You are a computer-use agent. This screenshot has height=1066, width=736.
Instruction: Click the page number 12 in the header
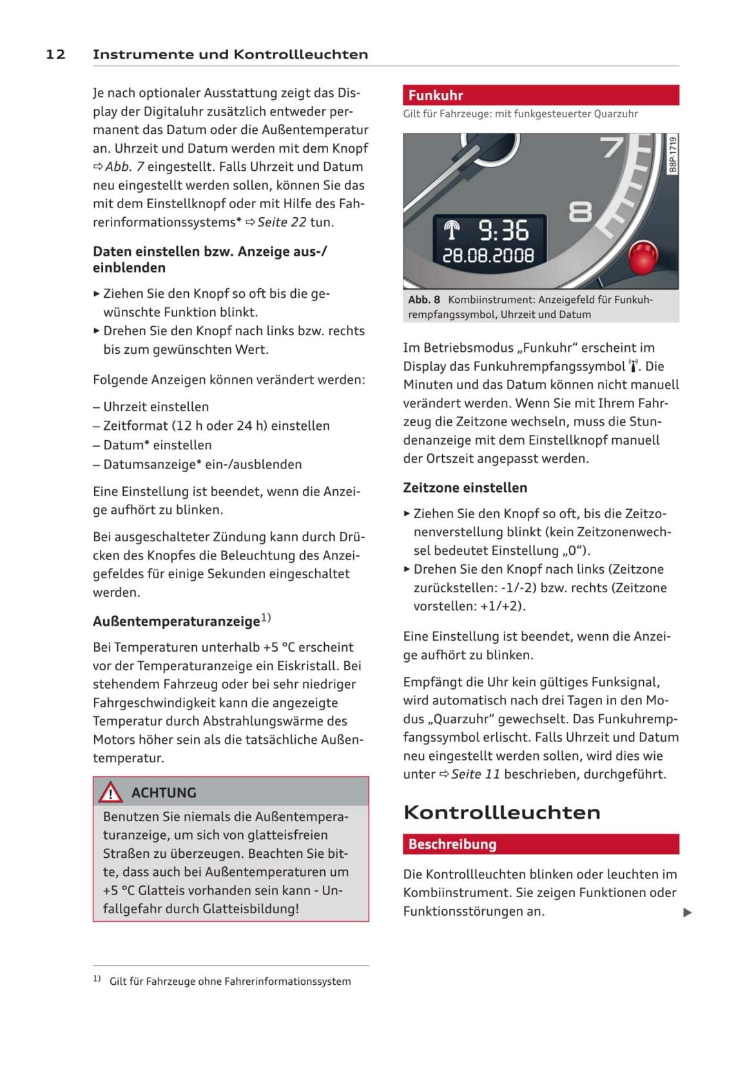[x=55, y=54]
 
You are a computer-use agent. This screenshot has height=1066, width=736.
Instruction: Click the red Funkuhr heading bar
[x=540, y=95]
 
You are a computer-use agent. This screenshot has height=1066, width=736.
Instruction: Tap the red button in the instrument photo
[x=642, y=257]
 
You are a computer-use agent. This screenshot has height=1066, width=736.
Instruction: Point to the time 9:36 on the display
[x=503, y=231]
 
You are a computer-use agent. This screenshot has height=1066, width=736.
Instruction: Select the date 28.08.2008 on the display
[x=488, y=256]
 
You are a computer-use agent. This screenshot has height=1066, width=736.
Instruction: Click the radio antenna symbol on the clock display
[x=452, y=229]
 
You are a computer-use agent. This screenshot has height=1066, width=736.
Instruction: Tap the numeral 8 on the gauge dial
[x=580, y=211]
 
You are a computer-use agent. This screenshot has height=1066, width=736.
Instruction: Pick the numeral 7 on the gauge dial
[x=613, y=147]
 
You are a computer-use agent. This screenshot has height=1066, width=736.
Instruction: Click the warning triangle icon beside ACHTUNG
[x=110, y=792]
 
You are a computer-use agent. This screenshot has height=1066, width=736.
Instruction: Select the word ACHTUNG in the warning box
[x=164, y=793]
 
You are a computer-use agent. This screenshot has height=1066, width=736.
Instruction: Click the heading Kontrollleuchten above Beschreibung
[x=501, y=812]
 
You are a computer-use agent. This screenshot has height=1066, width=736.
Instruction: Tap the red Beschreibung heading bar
[x=540, y=844]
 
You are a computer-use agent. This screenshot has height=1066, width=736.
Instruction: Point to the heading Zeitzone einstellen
[x=465, y=488]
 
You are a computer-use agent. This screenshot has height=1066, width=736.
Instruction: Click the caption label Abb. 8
[x=423, y=300]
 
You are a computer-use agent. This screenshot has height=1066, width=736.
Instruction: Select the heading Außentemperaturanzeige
[x=177, y=621]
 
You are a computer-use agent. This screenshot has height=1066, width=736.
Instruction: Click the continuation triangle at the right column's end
[x=687, y=912]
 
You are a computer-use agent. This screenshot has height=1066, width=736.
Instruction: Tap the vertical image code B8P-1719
[x=673, y=154]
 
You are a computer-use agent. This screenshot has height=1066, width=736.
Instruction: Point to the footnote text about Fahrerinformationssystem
[x=230, y=982]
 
